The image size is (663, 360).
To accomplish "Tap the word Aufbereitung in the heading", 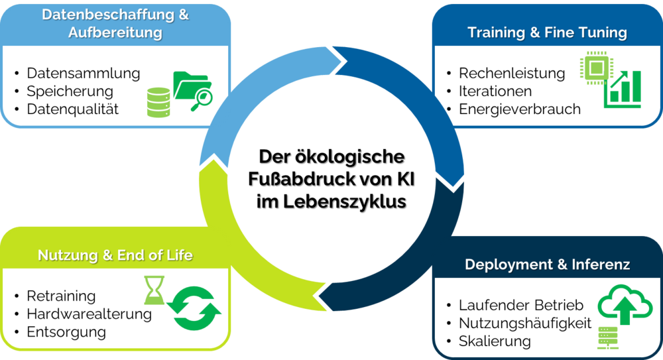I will coord(115,32).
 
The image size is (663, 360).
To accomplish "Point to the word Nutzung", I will coord(68,255).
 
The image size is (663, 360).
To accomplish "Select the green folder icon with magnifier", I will coord(192,88).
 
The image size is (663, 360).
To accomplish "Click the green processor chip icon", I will coord(595,69).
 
